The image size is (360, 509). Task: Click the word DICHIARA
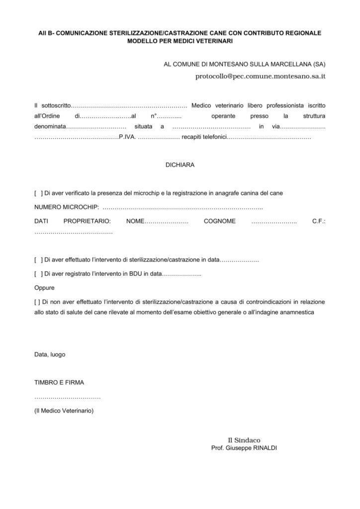point(180,165)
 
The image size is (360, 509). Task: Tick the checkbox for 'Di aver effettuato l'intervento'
point(38,260)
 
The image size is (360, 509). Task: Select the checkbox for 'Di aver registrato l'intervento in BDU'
point(38,274)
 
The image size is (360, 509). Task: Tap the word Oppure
point(44,288)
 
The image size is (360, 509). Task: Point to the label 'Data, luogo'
point(49,354)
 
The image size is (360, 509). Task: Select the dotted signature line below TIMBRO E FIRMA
point(67,398)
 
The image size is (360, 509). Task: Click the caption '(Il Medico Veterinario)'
point(64,411)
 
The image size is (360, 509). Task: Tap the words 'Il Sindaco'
point(244,440)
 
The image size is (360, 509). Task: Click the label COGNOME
point(219,221)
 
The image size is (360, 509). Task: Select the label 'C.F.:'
point(319,221)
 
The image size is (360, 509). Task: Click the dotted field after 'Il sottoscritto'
point(129,105)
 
